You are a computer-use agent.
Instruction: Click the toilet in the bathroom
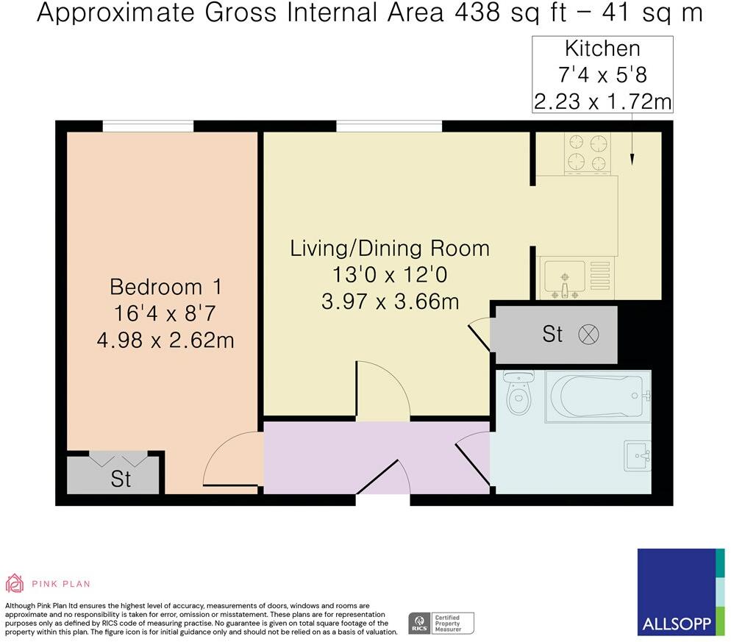[x=519, y=392]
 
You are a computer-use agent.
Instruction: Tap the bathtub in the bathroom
[x=598, y=396]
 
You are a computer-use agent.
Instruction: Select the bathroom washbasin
[x=638, y=456]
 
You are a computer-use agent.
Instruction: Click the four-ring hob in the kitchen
[x=588, y=153]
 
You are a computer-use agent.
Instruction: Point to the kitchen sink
[x=565, y=279]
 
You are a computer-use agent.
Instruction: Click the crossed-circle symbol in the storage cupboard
[x=588, y=335]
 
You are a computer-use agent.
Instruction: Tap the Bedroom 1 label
[x=165, y=287]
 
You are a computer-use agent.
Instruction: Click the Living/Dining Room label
[x=390, y=248]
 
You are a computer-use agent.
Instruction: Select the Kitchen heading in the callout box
[x=602, y=49]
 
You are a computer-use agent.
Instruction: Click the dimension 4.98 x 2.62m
[x=165, y=340]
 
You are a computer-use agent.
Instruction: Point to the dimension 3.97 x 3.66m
[x=391, y=302]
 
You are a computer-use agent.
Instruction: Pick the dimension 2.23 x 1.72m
[x=602, y=101]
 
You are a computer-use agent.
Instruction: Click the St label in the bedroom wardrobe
[x=121, y=479]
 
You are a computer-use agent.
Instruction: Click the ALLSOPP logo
[x=681, y=592]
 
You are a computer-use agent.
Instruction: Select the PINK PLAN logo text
[x=60, y=584]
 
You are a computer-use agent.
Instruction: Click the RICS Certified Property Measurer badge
[x=441, y=624]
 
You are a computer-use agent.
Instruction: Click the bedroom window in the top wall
[x=148, y=126]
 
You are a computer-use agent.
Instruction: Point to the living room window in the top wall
[x=389, y=126]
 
